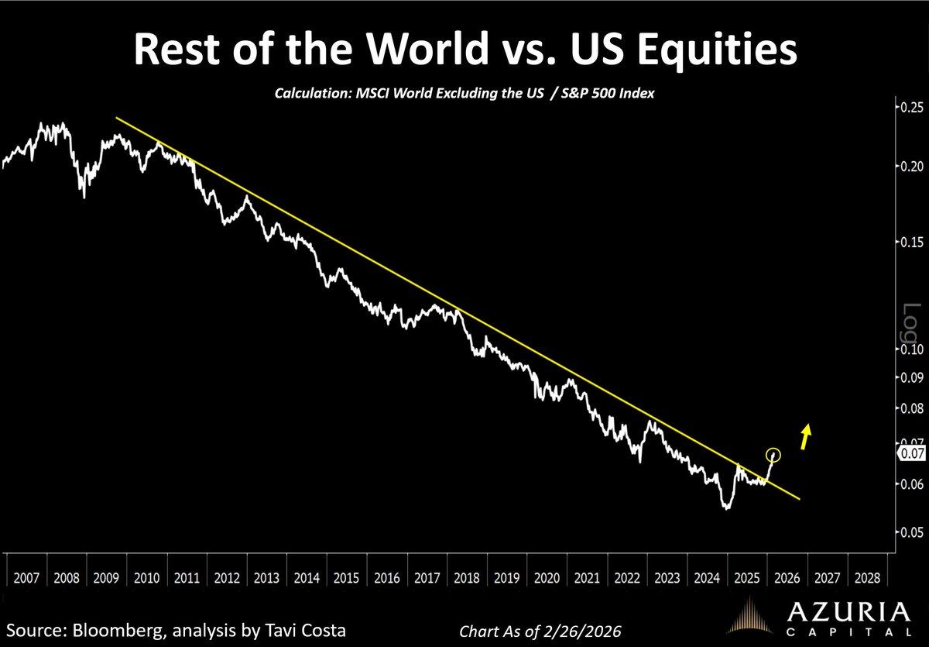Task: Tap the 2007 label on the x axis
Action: point(27,578)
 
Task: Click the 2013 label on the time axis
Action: point(267,578)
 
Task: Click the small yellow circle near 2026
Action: point(773,455)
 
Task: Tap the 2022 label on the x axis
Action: point(628,578)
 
